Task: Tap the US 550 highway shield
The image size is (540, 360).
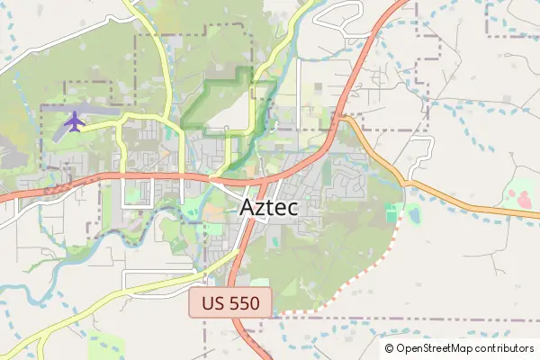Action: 230,303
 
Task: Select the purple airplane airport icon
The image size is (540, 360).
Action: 73,121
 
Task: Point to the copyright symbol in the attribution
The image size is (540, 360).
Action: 389,348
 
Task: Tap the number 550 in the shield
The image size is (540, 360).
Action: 244,303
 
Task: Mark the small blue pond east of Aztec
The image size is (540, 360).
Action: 413,214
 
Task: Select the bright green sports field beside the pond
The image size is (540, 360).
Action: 391,214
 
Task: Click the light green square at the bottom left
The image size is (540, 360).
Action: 108,346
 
